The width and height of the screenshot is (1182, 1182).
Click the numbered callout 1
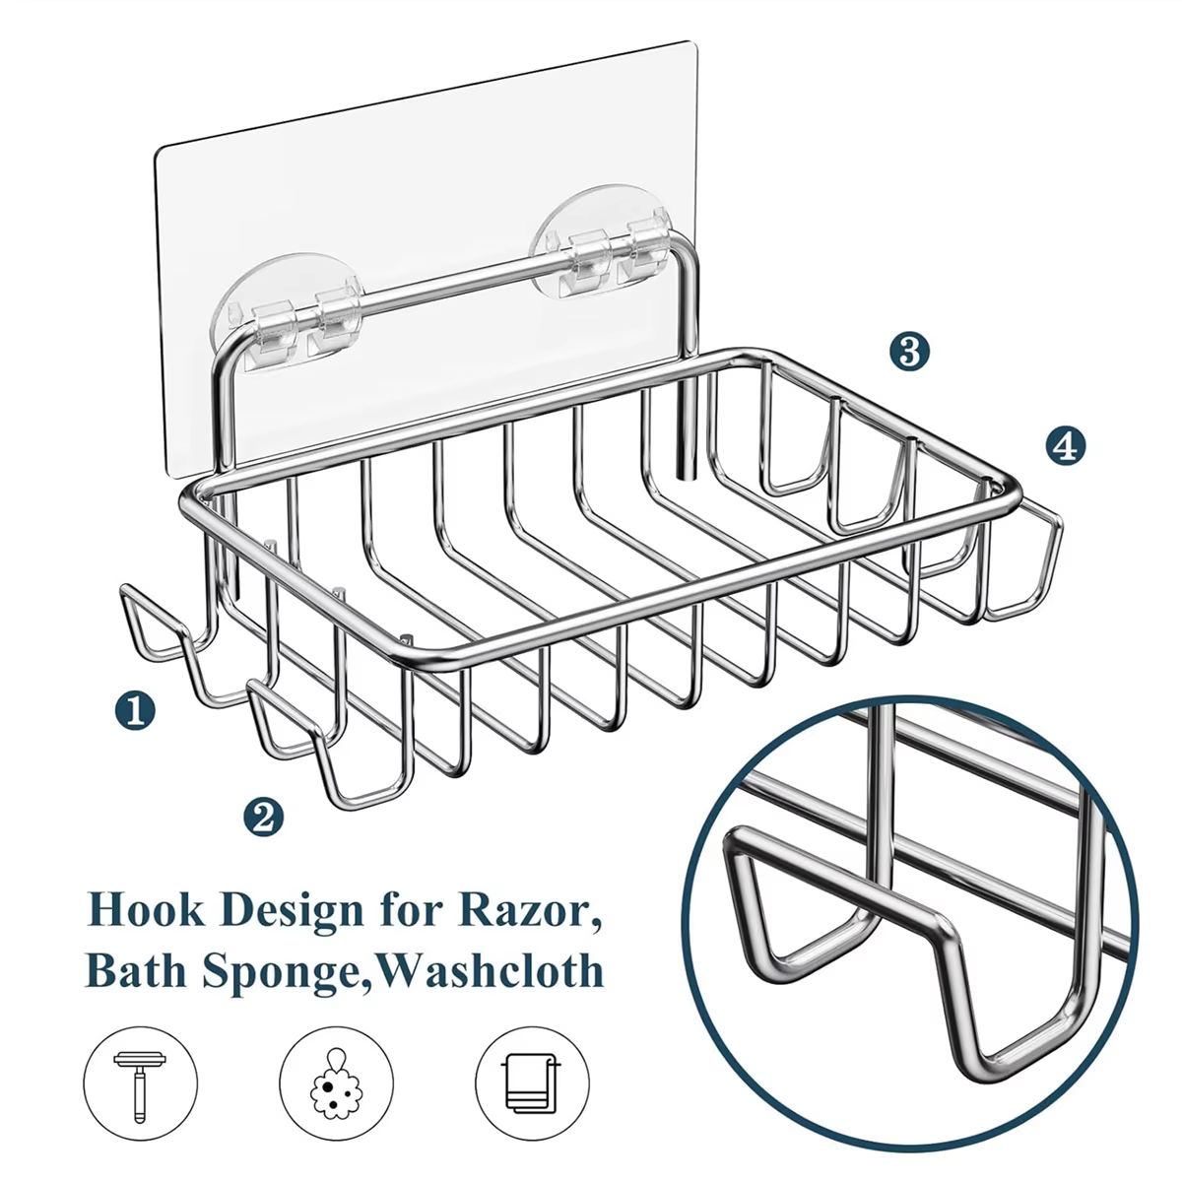135,711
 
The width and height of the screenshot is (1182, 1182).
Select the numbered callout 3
910,352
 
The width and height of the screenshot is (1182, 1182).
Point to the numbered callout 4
1066,446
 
